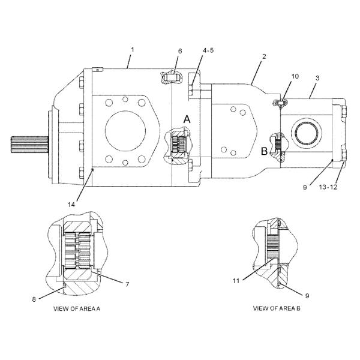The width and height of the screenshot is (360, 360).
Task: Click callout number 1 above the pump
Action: [x=133, y=50]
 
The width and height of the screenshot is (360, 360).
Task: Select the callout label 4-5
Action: [x=208, y=50]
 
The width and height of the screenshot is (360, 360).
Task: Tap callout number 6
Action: [x=180, y=51]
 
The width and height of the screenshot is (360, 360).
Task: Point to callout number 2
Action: [x=264, y=56]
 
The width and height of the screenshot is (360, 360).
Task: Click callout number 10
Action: [x=295, y=76]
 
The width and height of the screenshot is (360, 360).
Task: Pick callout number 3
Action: [x=317, y=78]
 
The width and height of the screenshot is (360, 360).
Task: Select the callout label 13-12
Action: [x=328, y=187]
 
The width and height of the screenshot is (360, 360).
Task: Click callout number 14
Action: [x=71, y=205]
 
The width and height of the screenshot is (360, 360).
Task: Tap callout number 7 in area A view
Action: [x=127, y=284]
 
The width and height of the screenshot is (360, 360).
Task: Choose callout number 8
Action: [x=34, y=299]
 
